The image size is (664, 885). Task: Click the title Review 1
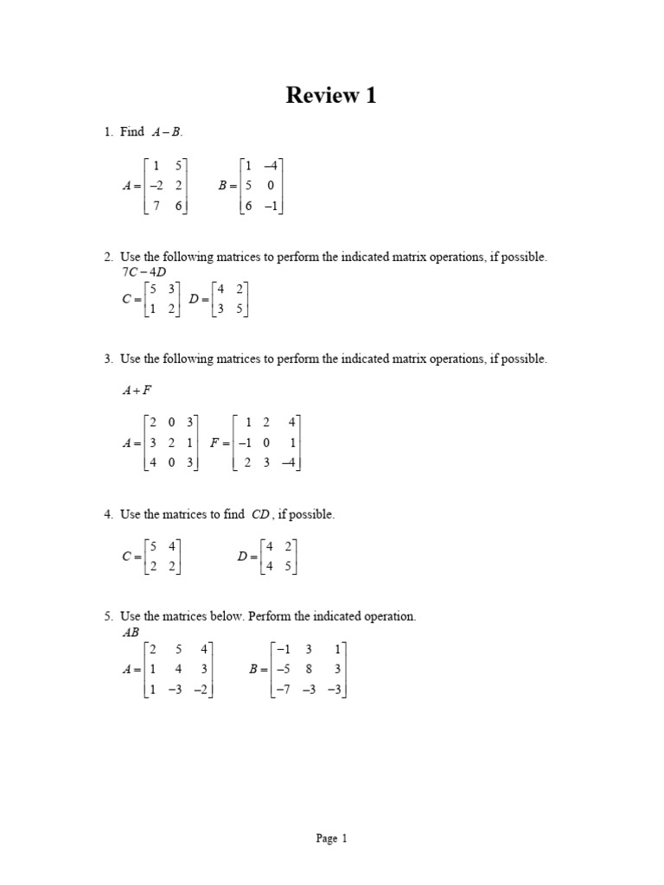331,96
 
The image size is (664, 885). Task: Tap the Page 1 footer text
331,837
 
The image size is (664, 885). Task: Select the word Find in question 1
132,132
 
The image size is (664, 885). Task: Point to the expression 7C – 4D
143,272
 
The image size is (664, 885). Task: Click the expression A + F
136,391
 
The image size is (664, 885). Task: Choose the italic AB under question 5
130,632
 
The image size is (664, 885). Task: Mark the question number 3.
107,359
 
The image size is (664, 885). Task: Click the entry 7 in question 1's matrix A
156,206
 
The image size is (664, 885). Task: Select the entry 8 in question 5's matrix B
308,668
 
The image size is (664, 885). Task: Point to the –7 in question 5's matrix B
280,689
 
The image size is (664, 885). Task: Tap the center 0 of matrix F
266,442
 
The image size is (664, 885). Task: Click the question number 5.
107,617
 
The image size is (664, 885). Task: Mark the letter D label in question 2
194,299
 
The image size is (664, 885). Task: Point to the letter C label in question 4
127,557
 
